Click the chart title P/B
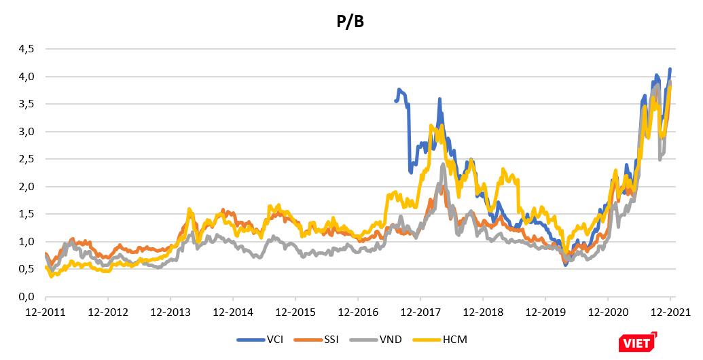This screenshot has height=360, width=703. click(350, 22)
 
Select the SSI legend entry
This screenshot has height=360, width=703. click(332, 339)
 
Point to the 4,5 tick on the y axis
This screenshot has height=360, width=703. click(25, 49)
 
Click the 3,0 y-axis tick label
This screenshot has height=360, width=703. click(25, 131)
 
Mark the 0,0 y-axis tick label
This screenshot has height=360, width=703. click(25, 297)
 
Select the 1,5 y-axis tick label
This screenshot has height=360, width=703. click(25, 214)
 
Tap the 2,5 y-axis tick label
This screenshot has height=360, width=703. click(25, 159)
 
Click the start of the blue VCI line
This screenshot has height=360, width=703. click(395, 101)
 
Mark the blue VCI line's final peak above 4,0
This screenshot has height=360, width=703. click(670, 69)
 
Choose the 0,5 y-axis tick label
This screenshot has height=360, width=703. click(25, 269)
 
